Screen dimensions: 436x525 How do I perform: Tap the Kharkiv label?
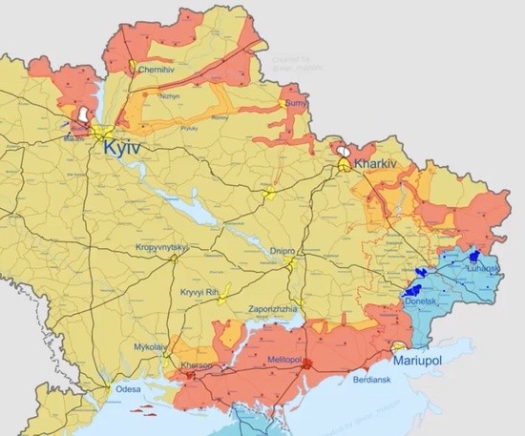tap(376, 164)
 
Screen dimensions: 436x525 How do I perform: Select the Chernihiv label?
tap(157, 70)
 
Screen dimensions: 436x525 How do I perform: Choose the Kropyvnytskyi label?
tap(162, 248)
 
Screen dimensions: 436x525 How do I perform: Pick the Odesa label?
tap(128, 389)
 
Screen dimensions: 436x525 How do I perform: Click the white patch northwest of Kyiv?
tap(85, 116)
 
